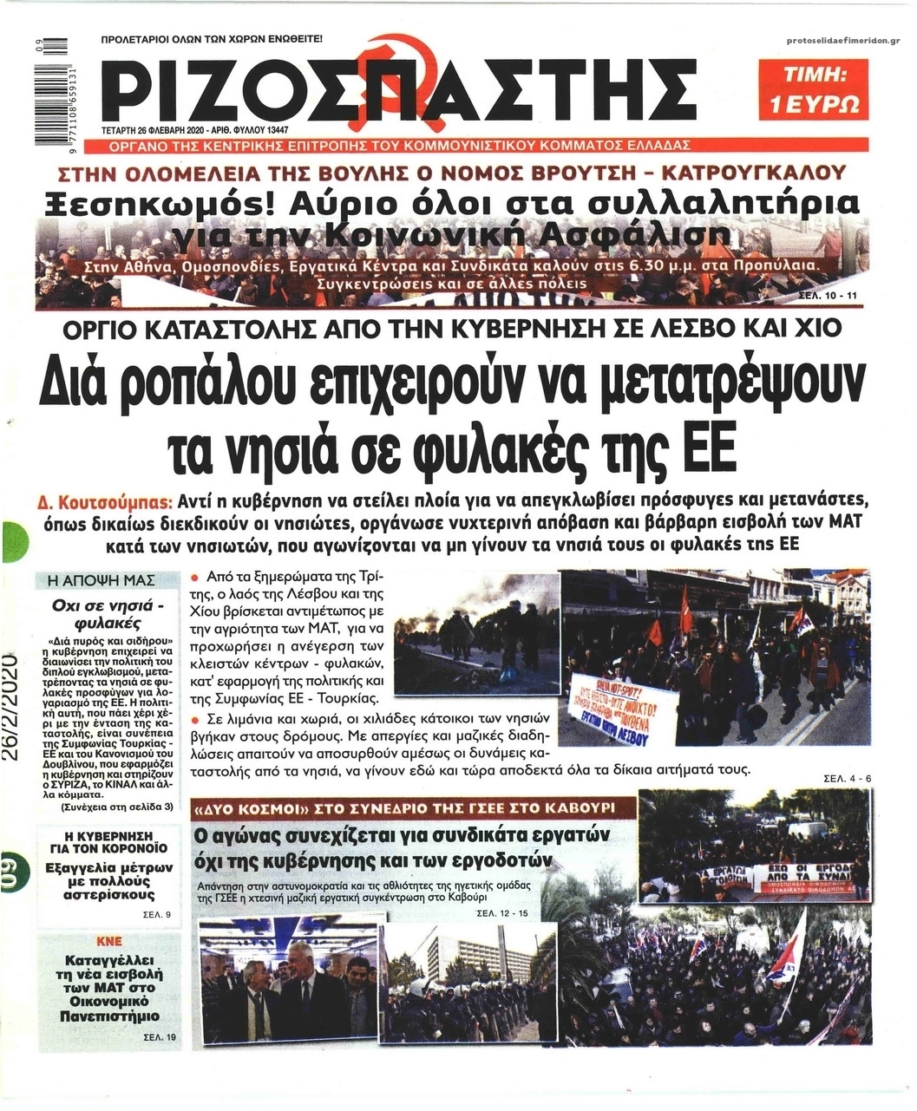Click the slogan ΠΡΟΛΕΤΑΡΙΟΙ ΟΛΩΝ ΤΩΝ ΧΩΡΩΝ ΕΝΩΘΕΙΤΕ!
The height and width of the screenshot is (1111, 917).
[x=212, y=40]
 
